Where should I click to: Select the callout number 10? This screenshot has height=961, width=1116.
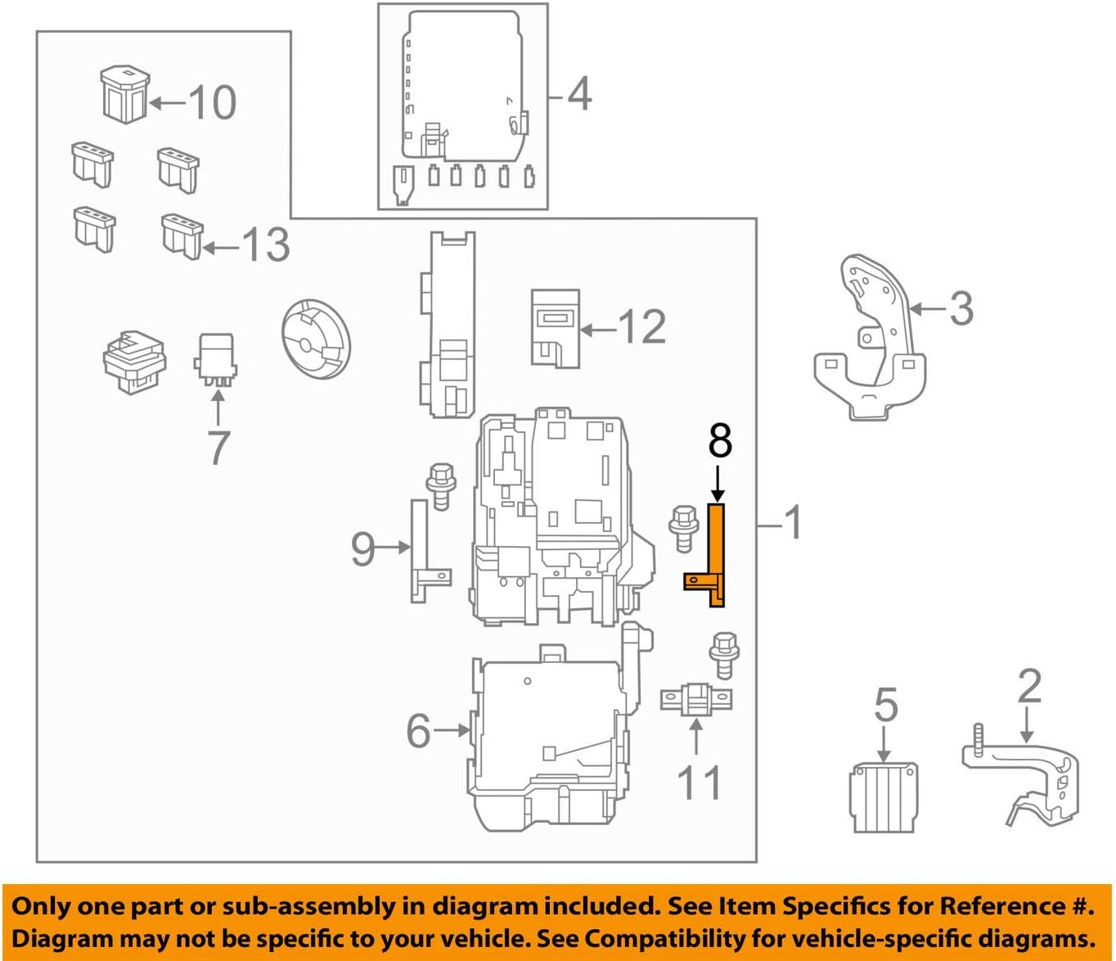pyautogui.click(x=212, y=102)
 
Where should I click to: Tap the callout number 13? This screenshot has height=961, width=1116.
pyautogui.click(x=265, y=245)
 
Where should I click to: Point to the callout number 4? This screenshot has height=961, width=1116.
pyautogui.click(x=579, y=94)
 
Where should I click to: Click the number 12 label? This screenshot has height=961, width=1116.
pyautogui.click(x=642, y=327)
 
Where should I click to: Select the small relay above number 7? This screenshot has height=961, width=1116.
pyautogui.click(x=216, y=358)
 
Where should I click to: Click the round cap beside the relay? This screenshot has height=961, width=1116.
pyautogui.click(x=315, y=338)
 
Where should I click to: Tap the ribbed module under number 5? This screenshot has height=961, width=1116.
pyautogui.click(x=883, y=796)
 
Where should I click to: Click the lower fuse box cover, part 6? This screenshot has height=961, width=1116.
pyautogui.click(x=548, y=741)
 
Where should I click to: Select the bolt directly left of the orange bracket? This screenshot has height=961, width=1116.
pyautogui.click(x=682, y=528)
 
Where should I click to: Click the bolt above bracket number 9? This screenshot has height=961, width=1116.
pyautogui.click(x=441, y=485)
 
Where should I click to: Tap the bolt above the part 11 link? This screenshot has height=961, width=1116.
pyautogui.click(x=724, y=654)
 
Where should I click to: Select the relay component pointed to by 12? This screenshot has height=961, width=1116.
pyautogui.click(x=555, y=327)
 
